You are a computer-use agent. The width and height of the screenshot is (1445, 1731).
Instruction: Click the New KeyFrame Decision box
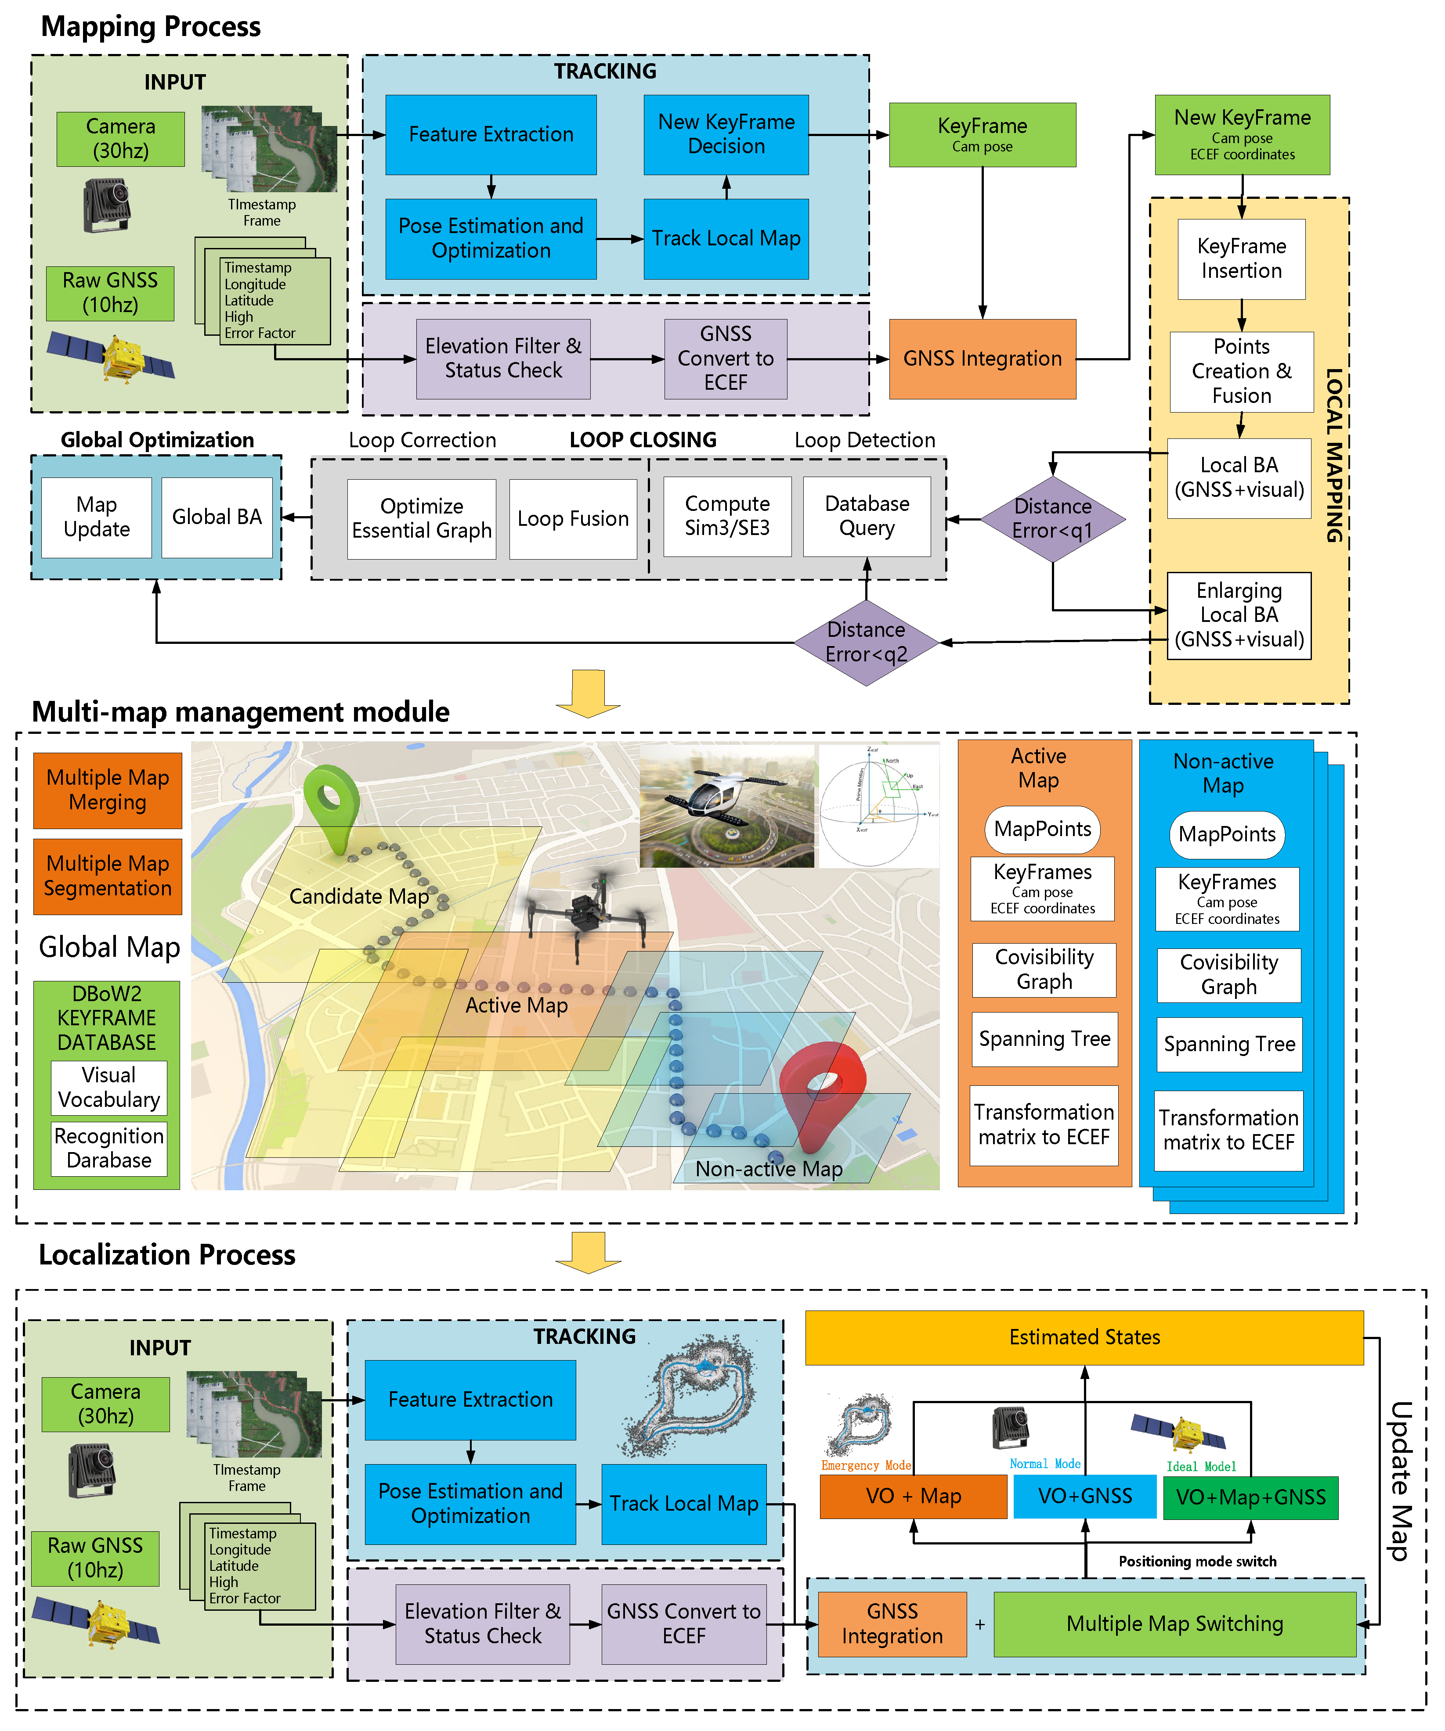click(726, 134)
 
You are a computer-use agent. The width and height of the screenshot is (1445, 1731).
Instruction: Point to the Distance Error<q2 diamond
click(866, 642)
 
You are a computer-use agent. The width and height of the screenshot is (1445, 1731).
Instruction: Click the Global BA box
click(217, 517)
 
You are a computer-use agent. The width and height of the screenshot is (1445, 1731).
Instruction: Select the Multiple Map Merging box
click(107, 790)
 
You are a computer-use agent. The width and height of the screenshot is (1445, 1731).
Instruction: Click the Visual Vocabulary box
click(109, 1087)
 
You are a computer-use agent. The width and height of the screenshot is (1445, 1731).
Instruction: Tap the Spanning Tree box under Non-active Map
click(1229, 1045)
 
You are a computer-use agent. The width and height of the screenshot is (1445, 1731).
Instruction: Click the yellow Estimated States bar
click(1084, 1337)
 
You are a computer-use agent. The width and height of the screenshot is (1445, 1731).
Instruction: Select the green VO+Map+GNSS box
click(1250, 1497)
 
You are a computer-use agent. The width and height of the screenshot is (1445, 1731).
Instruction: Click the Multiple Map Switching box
click(1174, 1624)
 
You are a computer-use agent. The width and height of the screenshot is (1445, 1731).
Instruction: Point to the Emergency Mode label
click(865, 1465)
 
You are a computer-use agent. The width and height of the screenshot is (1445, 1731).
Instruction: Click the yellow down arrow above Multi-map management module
click(588, 693)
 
